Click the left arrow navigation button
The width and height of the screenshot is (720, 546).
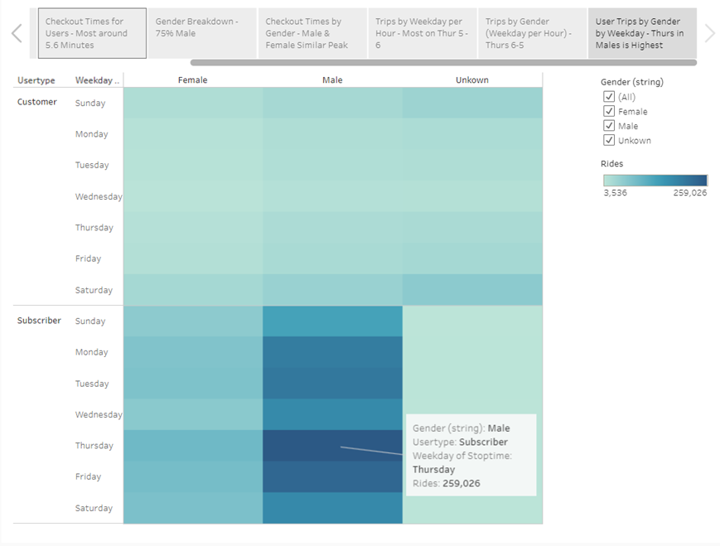click(x=17, y=33)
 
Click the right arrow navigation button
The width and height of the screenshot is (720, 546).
click(x=709, y=33)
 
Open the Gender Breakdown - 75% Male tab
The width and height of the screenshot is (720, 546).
click(x=202, y=33)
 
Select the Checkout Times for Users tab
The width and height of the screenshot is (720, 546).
click(x=92, y=33)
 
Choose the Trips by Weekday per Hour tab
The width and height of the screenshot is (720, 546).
click(x=422, y=33)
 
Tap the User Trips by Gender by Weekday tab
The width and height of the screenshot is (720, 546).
click(x=641, y=33)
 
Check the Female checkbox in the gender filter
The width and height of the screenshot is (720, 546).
click(x=610, y=111)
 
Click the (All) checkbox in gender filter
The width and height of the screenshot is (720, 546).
click(x=610, y=97)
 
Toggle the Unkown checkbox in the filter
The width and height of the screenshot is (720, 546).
click(x=610, y=140)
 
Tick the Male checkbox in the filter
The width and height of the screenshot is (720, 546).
click(x=610, y=126)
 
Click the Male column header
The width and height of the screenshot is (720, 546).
click(x=332, y=80)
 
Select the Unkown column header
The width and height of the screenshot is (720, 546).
click(x=472, y=80)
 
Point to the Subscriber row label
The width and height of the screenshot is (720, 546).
click(x=39, y=321)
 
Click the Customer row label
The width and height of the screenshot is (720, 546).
click(x=37, y=103)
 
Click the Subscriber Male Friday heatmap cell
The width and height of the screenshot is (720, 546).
click(x=332, y=477)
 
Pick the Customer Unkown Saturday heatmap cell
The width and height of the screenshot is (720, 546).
click(x=472, y=290)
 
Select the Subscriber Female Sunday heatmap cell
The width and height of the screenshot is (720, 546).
click(x=193, y=321)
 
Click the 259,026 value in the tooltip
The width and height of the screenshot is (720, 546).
click(x=461, y=484)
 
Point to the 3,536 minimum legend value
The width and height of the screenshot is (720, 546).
click(x=615, y=193)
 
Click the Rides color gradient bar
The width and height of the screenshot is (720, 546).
click(x=655, y=180)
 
